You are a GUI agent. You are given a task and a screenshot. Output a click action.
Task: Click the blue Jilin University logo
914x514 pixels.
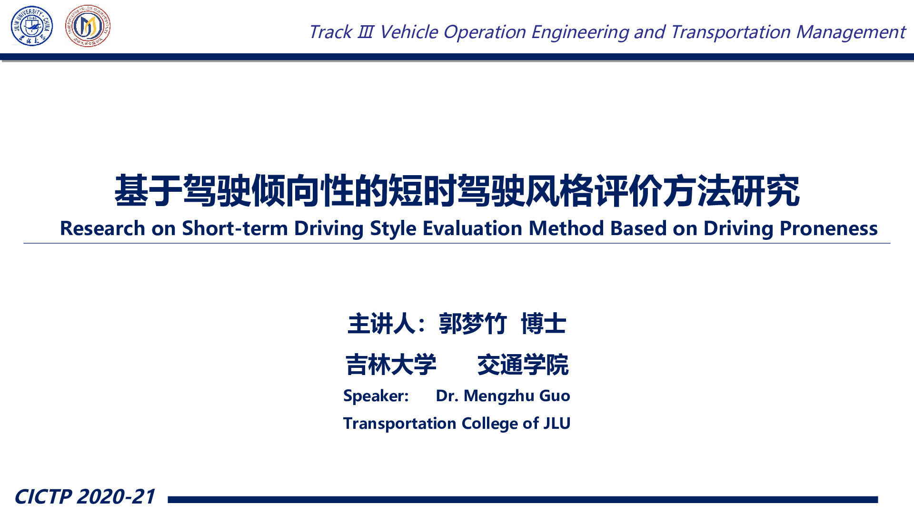point(32,26)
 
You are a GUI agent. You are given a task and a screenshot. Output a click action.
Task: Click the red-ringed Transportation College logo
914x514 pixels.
point(88,26)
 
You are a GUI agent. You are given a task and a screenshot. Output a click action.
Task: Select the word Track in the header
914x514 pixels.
point(330,32)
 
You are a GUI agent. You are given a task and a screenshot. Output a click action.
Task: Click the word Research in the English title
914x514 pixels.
point(102,228)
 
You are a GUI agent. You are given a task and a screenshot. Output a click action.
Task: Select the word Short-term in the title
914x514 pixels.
point(235,228)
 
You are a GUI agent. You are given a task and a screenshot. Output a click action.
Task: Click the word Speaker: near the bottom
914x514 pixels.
point(376,396)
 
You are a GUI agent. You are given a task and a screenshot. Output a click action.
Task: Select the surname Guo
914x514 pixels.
point(555,396)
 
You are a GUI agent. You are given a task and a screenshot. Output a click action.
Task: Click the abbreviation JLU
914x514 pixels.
point(557,423)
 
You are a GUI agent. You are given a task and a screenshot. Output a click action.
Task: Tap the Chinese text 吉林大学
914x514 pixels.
point(391,365)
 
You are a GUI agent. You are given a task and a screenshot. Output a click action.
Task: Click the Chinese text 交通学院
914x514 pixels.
point(523,365)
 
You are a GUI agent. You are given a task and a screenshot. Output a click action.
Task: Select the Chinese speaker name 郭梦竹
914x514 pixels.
point(473,324)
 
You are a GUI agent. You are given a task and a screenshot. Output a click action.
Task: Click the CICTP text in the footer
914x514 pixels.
point(43,496)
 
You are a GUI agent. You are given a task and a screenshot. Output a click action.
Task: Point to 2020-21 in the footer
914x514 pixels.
point(116,496)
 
